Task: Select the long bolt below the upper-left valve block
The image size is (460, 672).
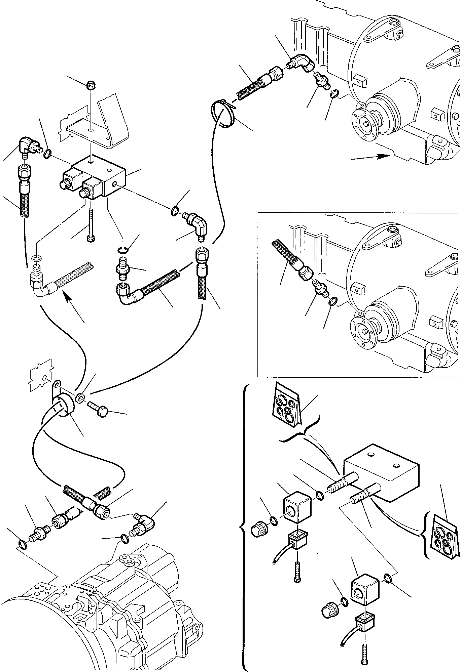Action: (91, 224)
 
